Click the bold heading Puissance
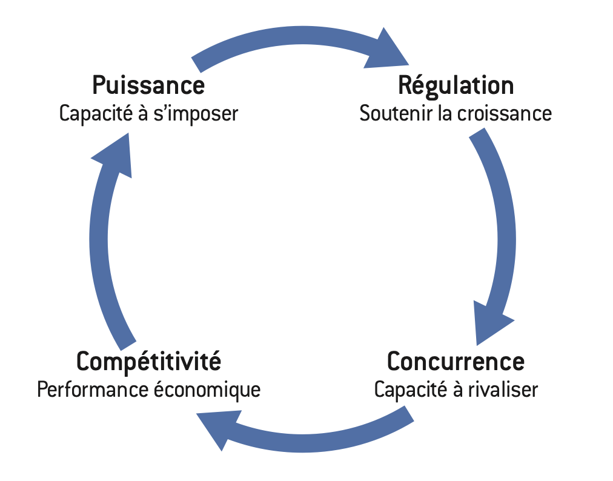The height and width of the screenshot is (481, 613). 148,85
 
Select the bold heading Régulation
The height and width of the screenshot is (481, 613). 456,85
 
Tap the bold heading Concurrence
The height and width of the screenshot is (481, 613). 456,362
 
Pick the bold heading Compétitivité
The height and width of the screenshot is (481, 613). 148,362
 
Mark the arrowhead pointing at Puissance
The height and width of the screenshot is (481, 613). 114,154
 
